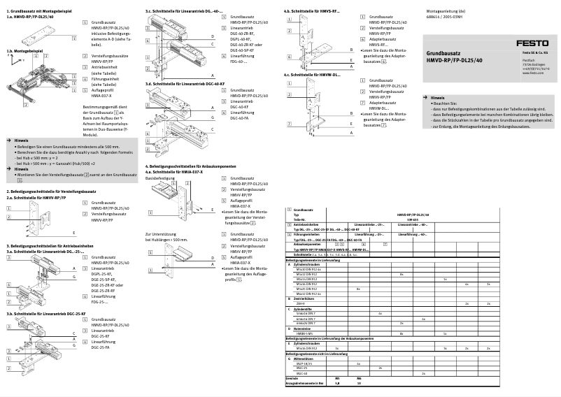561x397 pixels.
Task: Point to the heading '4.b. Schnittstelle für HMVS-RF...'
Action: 312,11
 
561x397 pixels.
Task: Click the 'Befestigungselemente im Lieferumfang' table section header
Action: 315,260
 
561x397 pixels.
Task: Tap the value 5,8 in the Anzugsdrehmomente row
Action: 337,383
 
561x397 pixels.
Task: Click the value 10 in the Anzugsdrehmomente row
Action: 359,383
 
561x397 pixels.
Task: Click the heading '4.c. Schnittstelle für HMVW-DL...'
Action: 312,73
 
